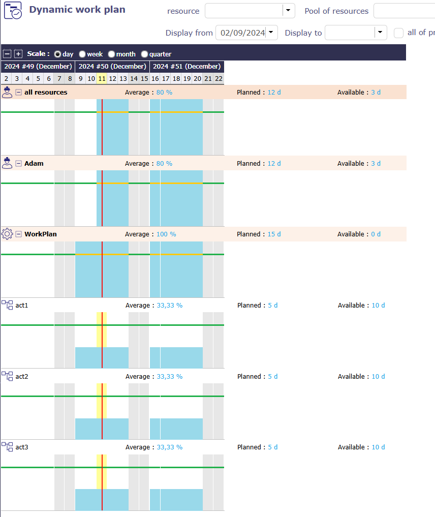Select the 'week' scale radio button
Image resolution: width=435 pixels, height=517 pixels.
[82, 54]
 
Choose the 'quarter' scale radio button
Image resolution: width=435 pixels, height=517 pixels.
[145, 54]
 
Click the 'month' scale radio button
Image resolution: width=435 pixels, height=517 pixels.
[111, 54]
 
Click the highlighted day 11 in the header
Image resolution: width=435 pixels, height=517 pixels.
[102, 78]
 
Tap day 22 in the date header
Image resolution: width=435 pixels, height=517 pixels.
[219, 78]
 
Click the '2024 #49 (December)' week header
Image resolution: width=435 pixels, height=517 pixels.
[38, 66]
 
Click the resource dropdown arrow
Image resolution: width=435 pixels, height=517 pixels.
[288, 11]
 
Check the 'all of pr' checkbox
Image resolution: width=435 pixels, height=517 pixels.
[399, 33]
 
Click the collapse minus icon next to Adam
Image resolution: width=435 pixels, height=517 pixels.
[18, 163]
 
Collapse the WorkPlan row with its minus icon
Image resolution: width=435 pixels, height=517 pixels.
[18, 234]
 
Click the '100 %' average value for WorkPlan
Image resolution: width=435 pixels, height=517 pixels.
[166, 234]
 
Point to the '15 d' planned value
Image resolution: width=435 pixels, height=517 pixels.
[274, 234]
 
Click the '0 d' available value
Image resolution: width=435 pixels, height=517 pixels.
[376, 234]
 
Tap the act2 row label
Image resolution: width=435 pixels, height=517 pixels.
[22, 376]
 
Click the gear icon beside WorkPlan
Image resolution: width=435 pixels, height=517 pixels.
[7, 234]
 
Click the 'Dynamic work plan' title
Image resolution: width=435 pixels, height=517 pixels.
[77, 10]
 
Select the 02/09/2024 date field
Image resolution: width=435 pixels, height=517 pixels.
[242, 33]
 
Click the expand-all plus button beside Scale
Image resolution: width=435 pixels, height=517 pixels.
[18, 54]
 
